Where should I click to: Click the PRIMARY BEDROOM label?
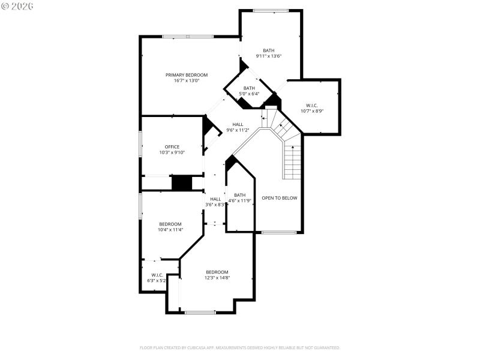coord(187,75)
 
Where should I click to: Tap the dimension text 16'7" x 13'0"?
coord(187,81)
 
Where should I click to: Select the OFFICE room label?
coord(172,146)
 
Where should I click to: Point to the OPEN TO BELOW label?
coord(279,198)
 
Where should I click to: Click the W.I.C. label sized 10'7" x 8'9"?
coord(312,105)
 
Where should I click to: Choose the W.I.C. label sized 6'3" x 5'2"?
coord(153,275)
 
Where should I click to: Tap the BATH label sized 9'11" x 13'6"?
coord(268,50)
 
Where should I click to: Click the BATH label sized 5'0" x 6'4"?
coord(249,88)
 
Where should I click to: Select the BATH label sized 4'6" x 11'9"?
coord(239,195)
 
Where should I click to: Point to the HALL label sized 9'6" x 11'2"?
coord(238,125)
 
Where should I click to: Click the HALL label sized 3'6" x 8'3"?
coord(215,199)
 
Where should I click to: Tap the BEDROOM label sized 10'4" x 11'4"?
coord(170,224)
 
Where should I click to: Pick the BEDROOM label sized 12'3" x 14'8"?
coord(217,272)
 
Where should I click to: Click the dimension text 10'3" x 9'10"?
coord(172,152)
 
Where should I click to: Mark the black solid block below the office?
coord(181,183)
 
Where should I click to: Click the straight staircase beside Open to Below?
coord(292,162)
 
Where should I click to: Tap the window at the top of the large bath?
coord(269,10)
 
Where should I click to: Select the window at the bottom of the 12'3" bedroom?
coord(200,312)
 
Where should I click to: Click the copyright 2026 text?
coord(17,5)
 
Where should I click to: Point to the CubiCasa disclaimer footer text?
coord(240,347)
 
